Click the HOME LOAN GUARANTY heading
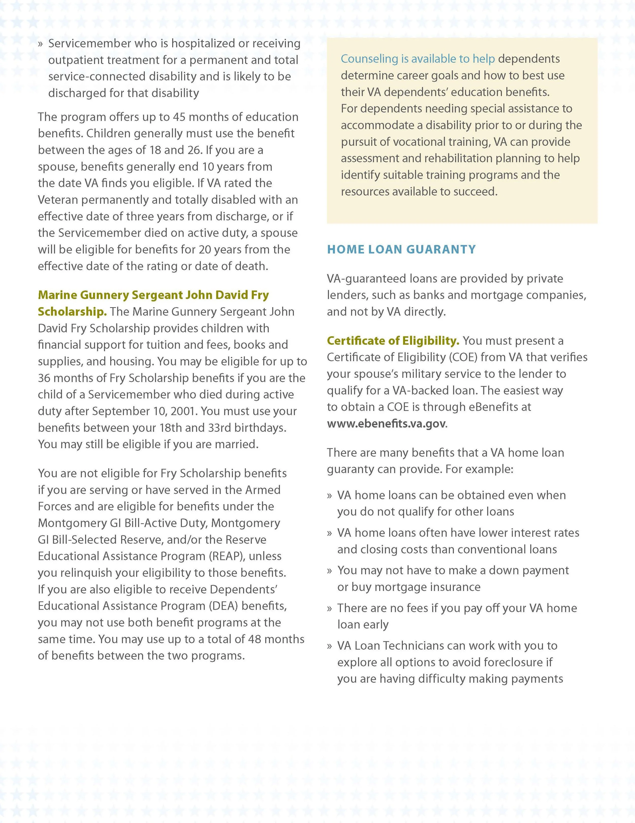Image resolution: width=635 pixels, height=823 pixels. click(401, 250)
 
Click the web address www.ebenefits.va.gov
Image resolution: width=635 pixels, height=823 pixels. click(386, 424)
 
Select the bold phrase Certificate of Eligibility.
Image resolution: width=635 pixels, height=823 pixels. click(392, 341)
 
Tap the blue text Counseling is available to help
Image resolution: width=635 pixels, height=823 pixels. click(417, 59)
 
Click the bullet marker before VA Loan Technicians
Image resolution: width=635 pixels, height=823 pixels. click(329, 646)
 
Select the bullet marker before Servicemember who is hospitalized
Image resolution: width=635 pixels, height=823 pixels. click(40, 44)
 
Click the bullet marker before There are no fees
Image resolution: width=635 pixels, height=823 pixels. click(329, 608)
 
